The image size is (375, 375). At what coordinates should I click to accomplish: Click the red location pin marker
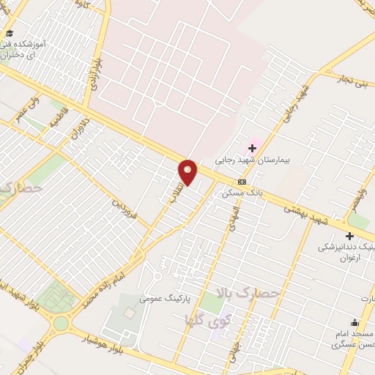tap(188, 171)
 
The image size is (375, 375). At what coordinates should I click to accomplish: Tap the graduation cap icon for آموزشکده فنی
tap(9, 34)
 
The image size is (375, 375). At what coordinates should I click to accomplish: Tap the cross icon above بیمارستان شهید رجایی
tap(252, 149)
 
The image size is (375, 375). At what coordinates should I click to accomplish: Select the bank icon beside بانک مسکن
tap(242, 182)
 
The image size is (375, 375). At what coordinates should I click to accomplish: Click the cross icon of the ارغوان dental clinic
tap(349, 236)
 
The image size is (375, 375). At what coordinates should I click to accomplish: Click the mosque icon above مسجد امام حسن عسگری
tap(355, 322)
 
